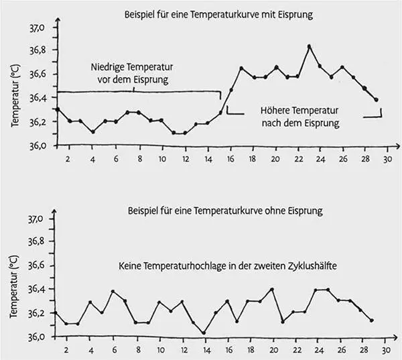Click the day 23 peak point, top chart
(309, 46)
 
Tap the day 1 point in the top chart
(58, 109)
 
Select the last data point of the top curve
(377, 100)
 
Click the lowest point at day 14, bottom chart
(204, 333)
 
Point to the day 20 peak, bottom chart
(272, 290)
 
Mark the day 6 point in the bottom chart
(113, 292)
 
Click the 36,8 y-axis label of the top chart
(36, 50)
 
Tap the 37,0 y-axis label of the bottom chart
(36, 219)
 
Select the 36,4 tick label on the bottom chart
(36, 290)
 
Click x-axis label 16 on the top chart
(230, 159)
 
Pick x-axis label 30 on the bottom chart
(386, 350)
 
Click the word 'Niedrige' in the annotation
(109, 67)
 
